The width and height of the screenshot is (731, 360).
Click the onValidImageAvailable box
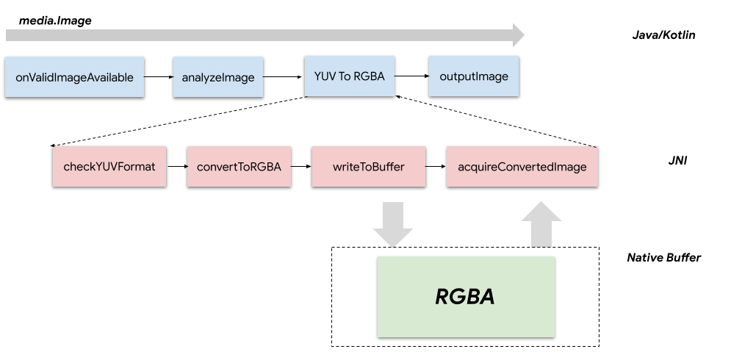click(74, 76)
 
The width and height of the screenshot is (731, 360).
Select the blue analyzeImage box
click(218, 76)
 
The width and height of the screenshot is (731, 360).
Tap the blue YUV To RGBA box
click(349, 75)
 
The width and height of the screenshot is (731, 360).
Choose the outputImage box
click(473, 76)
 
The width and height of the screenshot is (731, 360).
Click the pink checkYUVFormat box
click(109, 167)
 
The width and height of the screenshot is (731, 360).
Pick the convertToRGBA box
click(239, 167)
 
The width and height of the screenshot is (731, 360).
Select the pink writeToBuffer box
click(368, 167)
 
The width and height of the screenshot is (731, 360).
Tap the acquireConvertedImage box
click(522, 167)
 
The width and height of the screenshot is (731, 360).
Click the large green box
click(466, 297)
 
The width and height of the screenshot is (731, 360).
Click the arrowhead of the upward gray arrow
click(541, 212)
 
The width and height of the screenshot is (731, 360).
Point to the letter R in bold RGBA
click(442, 297)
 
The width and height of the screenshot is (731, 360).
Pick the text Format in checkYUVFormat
click(137, 167)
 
